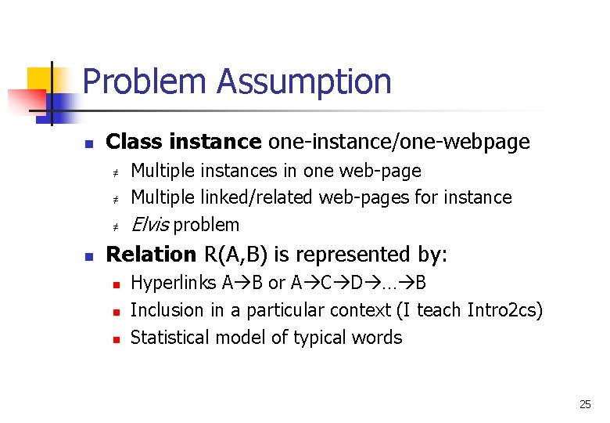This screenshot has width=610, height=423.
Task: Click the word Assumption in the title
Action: coord(304,81)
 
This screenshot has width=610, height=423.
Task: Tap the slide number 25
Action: coord(585,404)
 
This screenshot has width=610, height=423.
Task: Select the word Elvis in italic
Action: coord(150,225)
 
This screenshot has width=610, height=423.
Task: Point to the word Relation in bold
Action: coord(151,255)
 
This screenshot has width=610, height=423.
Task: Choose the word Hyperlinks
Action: coord(174,282)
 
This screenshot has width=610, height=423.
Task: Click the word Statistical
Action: coord(172,338)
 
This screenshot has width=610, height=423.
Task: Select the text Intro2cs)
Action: coord(504,310)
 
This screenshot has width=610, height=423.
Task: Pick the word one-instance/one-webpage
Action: coord(399,142)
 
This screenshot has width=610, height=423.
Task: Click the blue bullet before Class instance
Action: coord(89,143)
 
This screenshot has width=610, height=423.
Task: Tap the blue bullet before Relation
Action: coord(89,256)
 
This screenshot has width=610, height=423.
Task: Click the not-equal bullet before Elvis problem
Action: coord(113,226)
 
